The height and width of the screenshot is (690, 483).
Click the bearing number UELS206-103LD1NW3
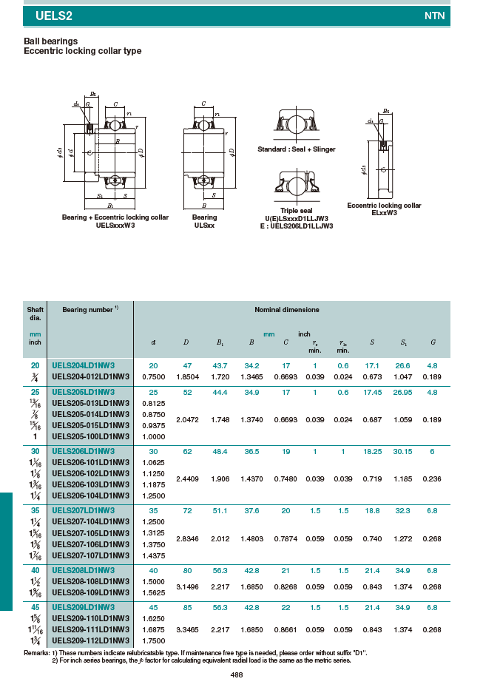[90, 484]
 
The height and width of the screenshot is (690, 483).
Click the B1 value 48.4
[220, 451]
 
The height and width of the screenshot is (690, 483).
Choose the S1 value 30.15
[402, 451]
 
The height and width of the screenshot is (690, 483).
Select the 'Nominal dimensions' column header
[286, 309]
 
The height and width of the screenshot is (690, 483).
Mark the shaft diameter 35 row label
[35, 510]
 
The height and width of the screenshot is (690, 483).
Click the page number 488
[237, 675]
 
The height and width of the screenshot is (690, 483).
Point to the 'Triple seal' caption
[296, 211]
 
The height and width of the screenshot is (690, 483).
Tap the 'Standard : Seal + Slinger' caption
[296, 149]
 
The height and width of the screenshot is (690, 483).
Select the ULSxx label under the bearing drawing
[204, 225]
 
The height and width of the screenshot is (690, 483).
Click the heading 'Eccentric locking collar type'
[83, 51]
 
